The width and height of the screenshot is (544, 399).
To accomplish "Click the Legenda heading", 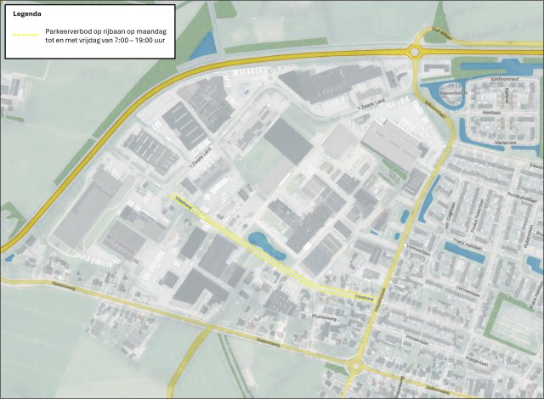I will coord(28,14).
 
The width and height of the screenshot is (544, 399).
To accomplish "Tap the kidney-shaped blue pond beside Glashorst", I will coord(263,247).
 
